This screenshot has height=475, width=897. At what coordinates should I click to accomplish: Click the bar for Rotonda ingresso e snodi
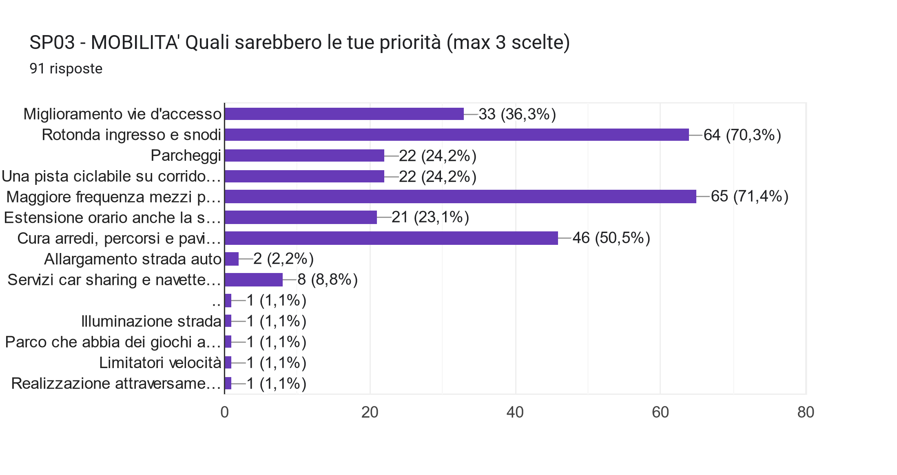(457, 135)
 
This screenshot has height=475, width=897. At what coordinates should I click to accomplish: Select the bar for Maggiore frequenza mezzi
(460, 197)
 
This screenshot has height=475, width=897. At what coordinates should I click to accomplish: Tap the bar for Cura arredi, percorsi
(391, 238)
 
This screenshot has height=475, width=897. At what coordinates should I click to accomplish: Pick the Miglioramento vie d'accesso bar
(344, 114)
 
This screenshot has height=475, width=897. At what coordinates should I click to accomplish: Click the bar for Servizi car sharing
(253, 280)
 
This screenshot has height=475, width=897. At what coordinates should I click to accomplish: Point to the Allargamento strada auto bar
(232, 259)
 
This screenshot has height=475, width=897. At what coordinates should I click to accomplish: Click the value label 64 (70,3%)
(742, 135)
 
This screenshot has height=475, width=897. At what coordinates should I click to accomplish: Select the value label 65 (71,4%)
(749, 197)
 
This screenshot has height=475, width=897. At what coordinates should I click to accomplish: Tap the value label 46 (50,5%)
(611, 238)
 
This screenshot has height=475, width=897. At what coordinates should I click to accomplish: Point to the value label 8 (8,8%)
(327, 280)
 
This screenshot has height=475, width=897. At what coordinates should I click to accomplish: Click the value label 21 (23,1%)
(430, 218)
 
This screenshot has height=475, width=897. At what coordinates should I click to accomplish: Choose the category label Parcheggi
(186, 155)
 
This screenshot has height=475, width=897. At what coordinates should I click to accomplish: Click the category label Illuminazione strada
(151, 322)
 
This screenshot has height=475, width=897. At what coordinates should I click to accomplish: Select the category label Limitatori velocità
(160, 363)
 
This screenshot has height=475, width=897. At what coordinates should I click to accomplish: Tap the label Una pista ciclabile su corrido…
(111, 176)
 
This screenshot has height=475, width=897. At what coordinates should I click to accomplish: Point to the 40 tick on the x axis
(515, 413)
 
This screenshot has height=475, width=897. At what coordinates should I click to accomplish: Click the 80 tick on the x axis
(806, 413)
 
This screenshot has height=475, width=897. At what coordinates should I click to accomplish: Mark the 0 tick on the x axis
(224, 413)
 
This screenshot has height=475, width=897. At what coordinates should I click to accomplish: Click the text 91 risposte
(66, 69)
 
